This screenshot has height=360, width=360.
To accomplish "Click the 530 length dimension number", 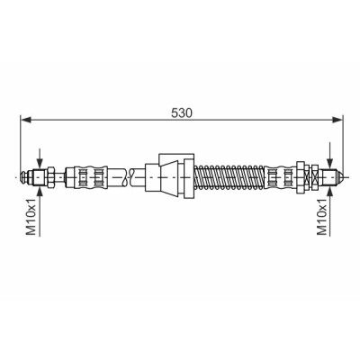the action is pyautogui.click(x=182, y=113).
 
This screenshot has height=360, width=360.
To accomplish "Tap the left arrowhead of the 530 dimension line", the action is pyautogui.click(x=26, y=120).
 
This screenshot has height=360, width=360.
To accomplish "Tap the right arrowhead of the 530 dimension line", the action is pyautogui.click(x=337, y=120).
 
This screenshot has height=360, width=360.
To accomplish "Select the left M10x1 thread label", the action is pyautogui.click(x=31, y=217).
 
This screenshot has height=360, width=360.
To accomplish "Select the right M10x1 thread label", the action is pyautogui.click(x=321, y=217).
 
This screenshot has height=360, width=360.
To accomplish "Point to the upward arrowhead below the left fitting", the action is pyautogui.click(x=40, y=191).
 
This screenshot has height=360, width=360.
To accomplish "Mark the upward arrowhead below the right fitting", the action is pyautogui.click(x=330, y=191).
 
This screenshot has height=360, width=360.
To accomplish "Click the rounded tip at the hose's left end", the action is pyautogui.click(x=23, y=177).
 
